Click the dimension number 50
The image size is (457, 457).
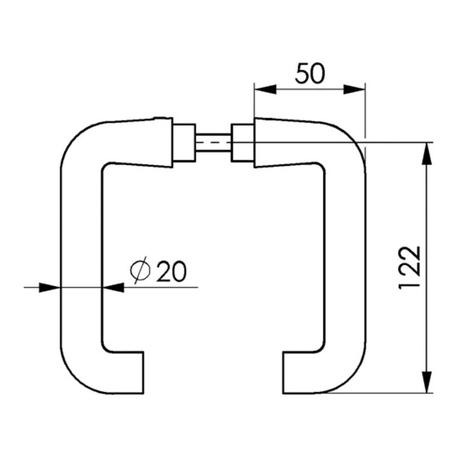(310, 73)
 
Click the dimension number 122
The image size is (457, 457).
(410, 268)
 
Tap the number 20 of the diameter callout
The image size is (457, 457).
(171, 271)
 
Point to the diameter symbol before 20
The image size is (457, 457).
(140, 270)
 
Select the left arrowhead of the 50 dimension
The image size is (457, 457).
(265, 89)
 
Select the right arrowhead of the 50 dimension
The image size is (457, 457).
(354, 89)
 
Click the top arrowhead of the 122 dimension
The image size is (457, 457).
(427, 154)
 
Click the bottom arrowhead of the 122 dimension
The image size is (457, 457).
(427, 382)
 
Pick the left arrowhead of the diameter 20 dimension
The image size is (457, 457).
(50, 288)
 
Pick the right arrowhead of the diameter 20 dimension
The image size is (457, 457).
(114, 288)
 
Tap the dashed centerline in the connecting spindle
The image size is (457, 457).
(213, 143)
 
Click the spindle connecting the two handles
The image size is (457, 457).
(213, 143)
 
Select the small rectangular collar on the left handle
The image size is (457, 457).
(184, 143)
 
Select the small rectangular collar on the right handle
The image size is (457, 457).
(242, 143)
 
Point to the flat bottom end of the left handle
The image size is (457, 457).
(143, 373)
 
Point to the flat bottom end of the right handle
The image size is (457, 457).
(283, 373)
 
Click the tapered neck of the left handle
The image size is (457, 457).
(140, 143)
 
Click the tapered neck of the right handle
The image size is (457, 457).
(287, 143)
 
